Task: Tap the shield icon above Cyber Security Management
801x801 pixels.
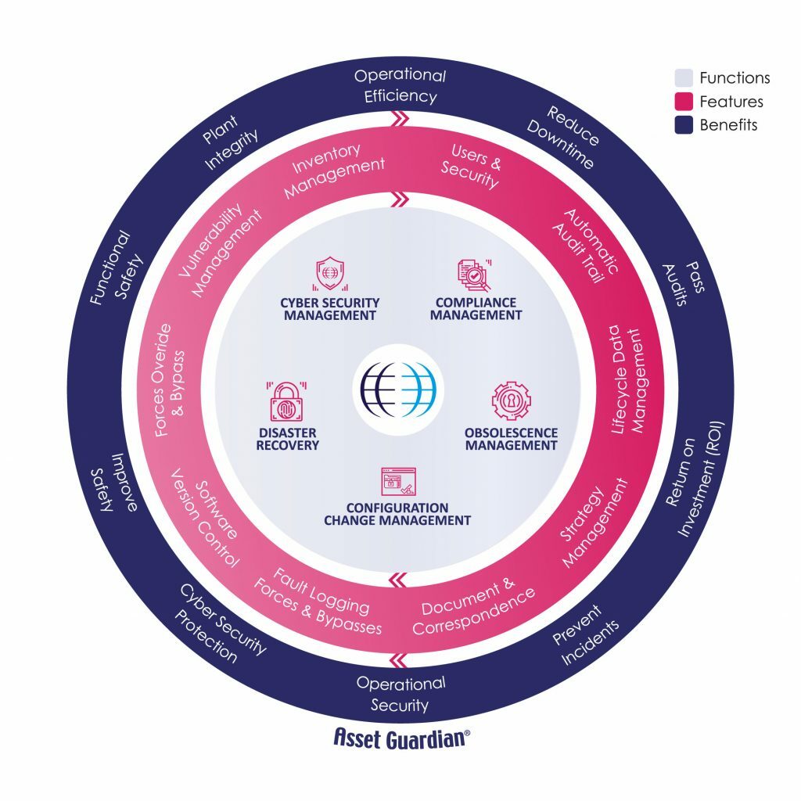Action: click(329, 274)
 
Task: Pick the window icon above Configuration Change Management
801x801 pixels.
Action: click(397, 483)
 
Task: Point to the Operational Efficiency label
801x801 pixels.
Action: click(400, 86)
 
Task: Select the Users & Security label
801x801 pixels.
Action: click(472, 165)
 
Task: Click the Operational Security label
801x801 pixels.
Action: click(400, 694)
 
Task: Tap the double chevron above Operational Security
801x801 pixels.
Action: click(400, 658)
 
